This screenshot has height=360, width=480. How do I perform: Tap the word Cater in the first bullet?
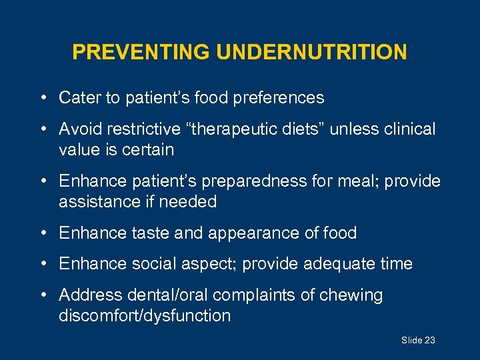[x=80, y=98]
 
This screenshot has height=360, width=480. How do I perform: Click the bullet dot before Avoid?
[x=42, y=129]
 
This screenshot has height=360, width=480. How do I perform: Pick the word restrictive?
[x=148, y=129]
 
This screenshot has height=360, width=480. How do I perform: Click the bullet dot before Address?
[x=42, y=295]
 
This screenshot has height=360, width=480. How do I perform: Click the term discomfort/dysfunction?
[x=145, y=315]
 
